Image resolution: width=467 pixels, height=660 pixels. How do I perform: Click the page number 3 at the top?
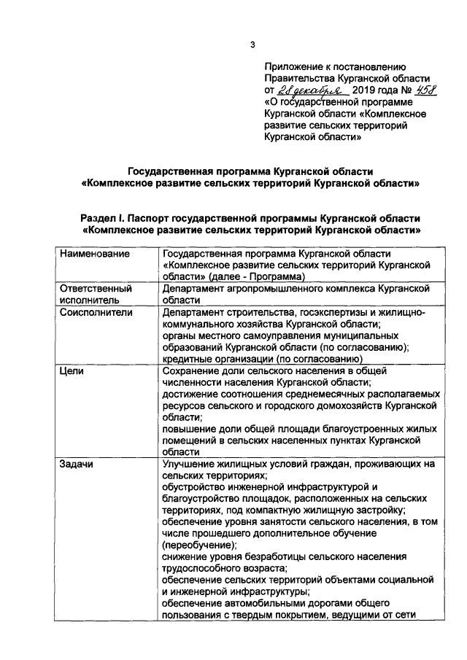(252, 45)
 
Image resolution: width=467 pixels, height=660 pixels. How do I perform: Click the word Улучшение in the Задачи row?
(191, 464)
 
